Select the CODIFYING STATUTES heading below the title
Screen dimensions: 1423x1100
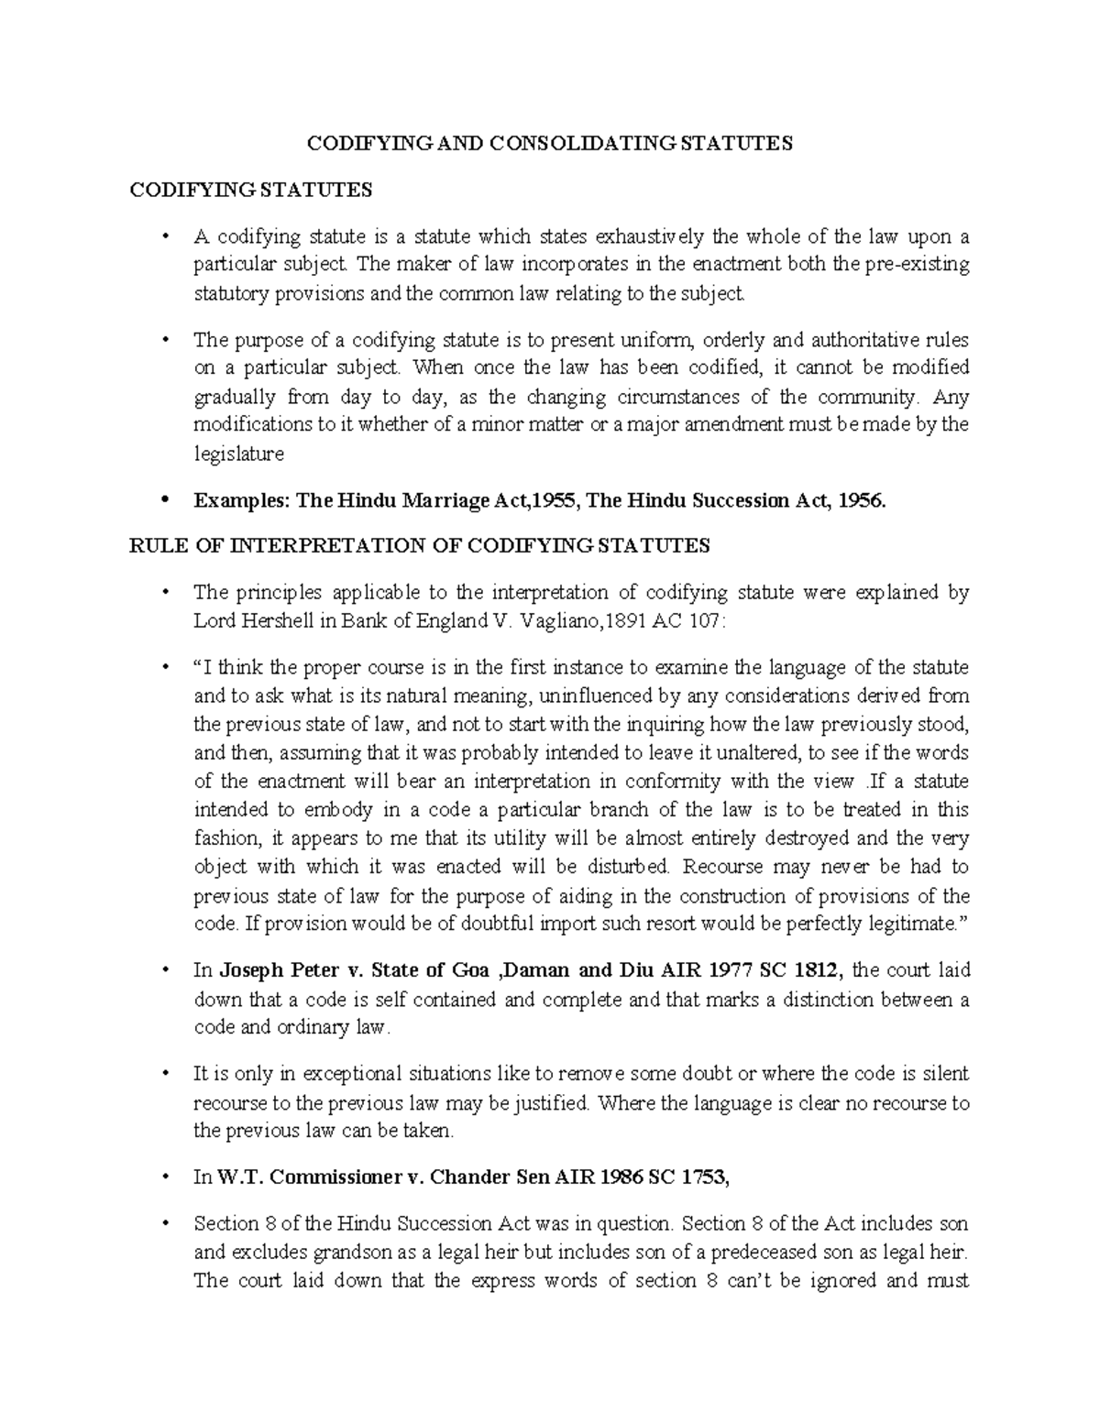tap(251, 191)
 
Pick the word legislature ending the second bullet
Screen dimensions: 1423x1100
tap(238, 454)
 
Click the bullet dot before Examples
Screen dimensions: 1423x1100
tap(165, 500)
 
